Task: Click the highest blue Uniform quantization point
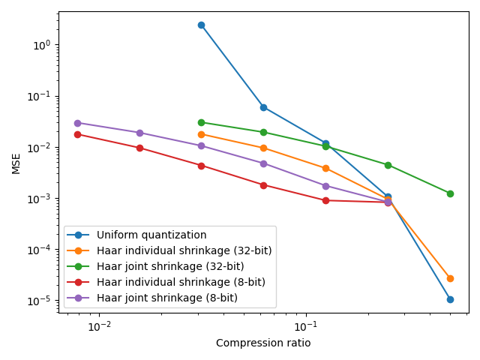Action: point(201,25)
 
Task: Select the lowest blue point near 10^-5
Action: point(450,299)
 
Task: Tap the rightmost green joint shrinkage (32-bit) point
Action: point(450,193)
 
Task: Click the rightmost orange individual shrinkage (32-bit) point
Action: point(450,278)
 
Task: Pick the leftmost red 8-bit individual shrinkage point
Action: point(77,134)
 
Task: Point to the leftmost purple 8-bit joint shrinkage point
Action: point(77,123)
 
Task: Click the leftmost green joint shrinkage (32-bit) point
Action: point(201,122)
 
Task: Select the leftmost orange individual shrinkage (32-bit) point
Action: point(201,134)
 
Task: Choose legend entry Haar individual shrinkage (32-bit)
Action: point(184,250)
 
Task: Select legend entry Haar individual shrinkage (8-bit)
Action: point(181,282)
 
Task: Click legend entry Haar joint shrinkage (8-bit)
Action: point(167,298)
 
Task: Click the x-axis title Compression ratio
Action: point(263,343)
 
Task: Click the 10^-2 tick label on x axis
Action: point(99,326)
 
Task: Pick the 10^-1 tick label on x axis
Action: point(305,326)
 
